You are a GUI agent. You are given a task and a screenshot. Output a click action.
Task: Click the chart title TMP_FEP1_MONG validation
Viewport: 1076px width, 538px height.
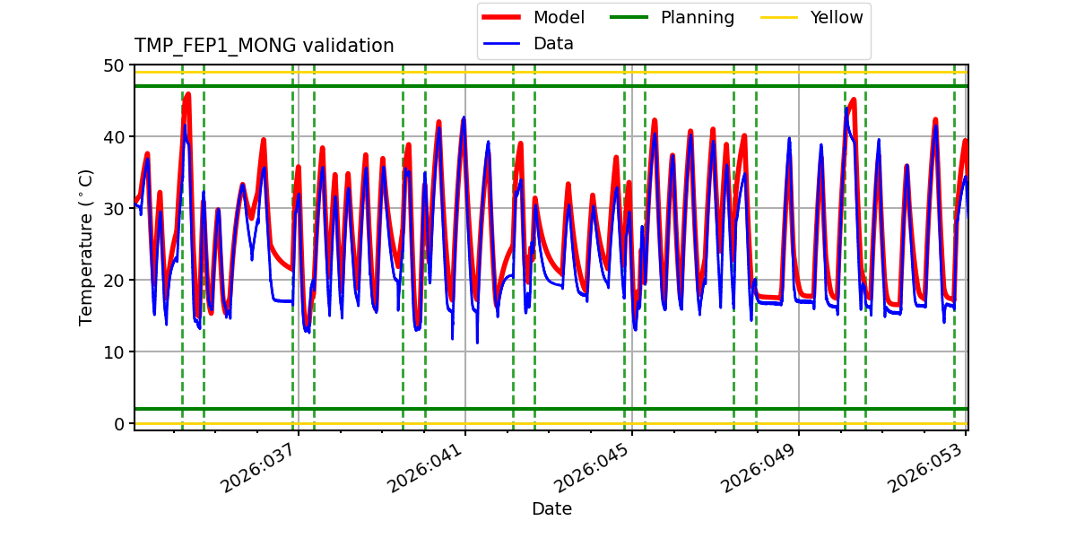coord(264,46)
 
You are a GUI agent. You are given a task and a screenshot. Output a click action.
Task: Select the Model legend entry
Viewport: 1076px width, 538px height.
coord(559,18)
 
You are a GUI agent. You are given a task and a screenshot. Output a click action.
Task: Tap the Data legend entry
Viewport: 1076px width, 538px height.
coord(553,44)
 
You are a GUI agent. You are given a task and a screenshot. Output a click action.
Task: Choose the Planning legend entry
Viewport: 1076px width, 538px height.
coord(697,18)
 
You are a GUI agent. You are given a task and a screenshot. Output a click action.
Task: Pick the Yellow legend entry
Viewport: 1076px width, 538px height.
coord(836,18)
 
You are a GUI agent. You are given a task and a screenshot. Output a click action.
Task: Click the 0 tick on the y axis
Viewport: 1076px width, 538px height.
coord(118,424)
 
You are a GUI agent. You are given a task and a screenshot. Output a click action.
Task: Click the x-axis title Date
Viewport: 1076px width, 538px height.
coord(551,509)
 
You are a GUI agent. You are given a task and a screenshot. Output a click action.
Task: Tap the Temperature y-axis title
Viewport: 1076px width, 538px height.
coord(86,247)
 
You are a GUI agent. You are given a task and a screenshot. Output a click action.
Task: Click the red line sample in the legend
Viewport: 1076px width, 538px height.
coord(505,18)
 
